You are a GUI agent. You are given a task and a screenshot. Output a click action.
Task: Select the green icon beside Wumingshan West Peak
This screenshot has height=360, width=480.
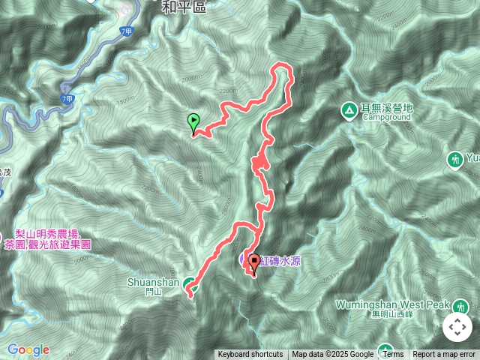click(460, 306)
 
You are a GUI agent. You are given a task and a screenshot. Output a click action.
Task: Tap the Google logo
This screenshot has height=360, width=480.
click(28, 349)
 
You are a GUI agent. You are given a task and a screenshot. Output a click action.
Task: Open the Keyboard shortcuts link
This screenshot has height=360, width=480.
click(250, 355)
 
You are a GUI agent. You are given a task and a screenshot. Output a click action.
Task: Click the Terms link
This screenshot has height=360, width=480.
click(393, 355)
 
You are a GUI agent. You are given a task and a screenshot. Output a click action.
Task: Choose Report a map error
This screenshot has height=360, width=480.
click(444, 355)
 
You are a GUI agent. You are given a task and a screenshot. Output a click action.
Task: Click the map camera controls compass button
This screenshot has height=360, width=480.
click(457, 327)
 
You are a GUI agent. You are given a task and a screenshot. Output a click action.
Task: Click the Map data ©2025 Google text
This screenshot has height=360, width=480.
click(333, 355)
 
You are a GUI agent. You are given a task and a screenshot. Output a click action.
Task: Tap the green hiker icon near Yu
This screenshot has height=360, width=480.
click(454, 159)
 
